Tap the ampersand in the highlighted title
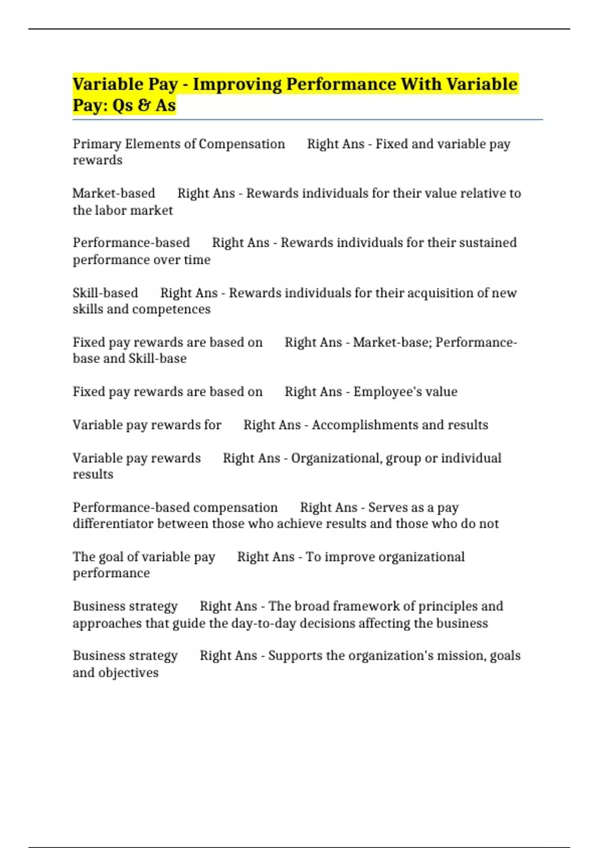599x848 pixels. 144,105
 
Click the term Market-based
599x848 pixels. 114,194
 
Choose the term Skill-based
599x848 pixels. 105,293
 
